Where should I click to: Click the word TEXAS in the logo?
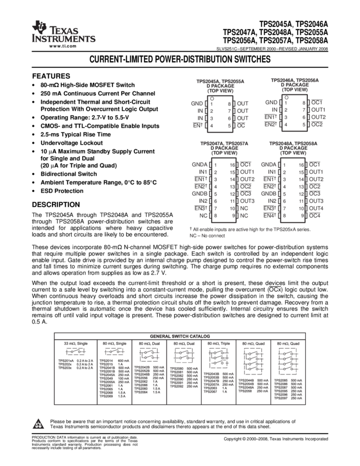pos(64,30)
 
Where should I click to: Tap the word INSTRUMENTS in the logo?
pos(64,39)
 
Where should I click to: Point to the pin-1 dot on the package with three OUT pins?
pos(212,98)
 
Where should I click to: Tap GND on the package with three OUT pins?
pos(197,103)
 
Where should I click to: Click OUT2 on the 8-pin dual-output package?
pos(318,117)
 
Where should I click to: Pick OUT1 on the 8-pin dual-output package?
pos(318,110)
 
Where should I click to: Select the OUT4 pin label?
pos(317,208)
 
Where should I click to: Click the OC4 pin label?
pos(315,216)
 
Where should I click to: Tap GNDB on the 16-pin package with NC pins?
pos(198,194)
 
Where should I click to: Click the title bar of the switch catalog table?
pos(180,336)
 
